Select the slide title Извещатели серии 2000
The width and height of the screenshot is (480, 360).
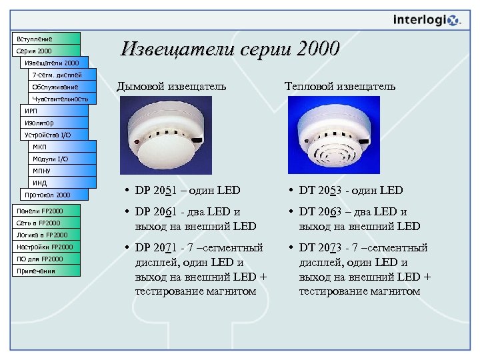click(x=230, y=49)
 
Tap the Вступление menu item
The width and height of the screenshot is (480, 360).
click(x=45, y=39)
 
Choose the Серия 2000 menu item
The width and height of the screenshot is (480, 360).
click(x=45, y=51)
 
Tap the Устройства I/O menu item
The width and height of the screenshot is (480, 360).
click(x=53, y=135)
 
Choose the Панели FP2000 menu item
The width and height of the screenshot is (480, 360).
click(x=45, y=211)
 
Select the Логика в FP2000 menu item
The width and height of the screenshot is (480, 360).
click(x=45, y=235)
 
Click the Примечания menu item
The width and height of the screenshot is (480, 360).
click(x=45, y=271)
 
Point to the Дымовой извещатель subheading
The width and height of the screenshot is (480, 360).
click(x=171, y=86)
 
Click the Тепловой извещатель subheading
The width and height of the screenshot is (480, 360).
click(x=339, y=86)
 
